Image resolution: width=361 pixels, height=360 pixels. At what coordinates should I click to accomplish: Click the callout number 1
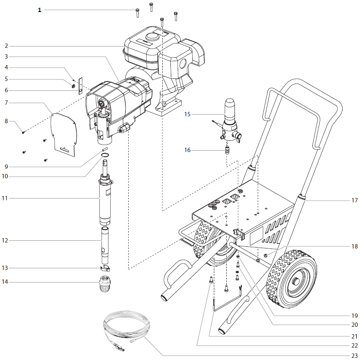[x=40, y=9]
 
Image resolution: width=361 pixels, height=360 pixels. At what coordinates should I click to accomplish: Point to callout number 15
[x=187, y=114]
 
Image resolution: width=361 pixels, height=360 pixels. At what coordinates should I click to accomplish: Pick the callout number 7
[x=6, y=102]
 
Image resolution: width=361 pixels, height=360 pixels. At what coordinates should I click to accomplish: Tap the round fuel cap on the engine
[x=151, y=37]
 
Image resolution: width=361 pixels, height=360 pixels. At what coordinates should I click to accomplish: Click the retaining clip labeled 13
[x=105, y=268]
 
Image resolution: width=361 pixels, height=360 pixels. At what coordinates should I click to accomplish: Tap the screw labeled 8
[x=24, y=132]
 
